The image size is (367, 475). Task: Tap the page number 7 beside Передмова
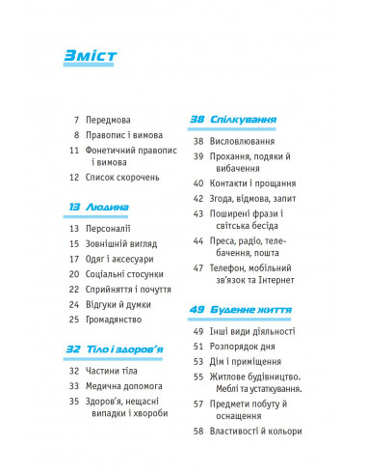(x=75, y=122)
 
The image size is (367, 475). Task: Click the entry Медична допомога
(x=128, y=385)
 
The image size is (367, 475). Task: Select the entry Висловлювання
(x=252, y=141)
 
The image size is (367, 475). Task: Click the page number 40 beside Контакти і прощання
(x=199, y=182)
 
